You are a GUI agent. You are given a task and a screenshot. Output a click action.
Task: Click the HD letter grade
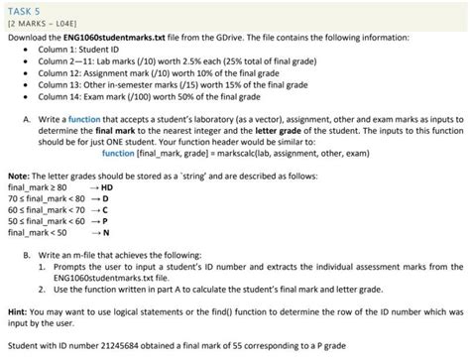tap(107, 185)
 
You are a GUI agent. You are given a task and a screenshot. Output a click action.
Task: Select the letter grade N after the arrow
tap(105, 232)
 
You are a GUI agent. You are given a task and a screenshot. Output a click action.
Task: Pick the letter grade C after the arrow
tap(105, 209)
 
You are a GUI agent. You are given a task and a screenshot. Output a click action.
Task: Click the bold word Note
tap(17, 174)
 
